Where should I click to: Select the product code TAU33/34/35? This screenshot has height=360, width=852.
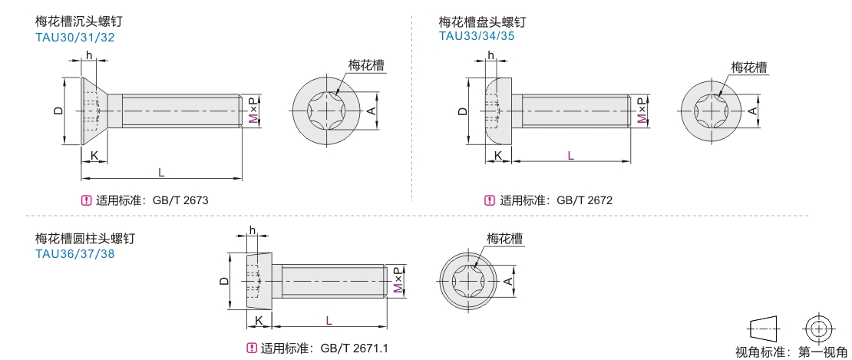476,35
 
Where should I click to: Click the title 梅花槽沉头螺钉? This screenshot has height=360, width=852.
78,21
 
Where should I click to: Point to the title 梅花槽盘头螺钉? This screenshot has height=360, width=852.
482,21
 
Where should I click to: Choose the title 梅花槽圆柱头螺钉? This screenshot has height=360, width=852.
84,239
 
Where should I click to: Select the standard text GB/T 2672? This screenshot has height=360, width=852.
584,200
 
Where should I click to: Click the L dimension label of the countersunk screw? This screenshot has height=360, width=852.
161,171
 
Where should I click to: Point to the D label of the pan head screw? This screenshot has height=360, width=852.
462,111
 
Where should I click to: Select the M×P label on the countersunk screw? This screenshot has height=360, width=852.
254,111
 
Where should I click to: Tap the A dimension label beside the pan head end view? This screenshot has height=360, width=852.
753,111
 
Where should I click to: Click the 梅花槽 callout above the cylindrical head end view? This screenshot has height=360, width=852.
505,238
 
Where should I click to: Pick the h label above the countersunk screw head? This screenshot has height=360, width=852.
90,55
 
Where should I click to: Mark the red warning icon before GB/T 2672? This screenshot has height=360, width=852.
489,201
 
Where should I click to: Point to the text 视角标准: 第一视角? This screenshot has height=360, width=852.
791,352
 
